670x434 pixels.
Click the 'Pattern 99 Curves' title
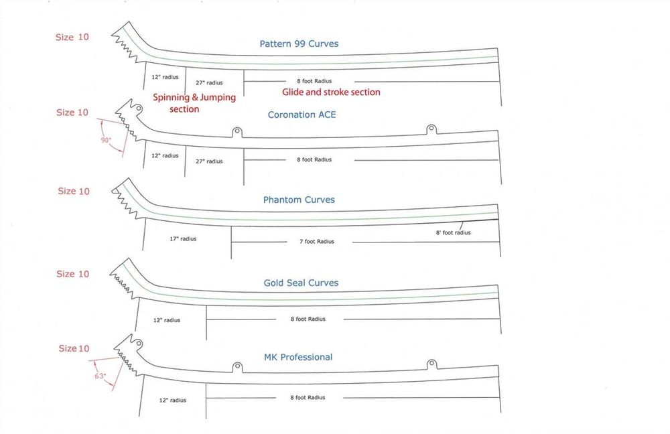(x=299, y=44)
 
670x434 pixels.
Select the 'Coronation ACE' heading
(x=301, y=115)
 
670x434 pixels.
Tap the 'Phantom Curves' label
(x=299, y=200)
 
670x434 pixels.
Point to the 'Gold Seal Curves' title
(x=301, y=283)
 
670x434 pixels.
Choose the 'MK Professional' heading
(x=298, y=357)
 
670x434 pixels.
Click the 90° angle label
(x=106, y=140)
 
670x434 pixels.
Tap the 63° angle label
(x=100, y=376)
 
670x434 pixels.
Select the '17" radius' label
(x=183, y=239)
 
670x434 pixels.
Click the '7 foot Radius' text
(x=317, y=241)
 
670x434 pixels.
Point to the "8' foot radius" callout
(x=453, y=233)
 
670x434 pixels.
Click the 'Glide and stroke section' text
(x=331, y=92)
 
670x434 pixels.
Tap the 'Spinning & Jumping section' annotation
(x=194, y=103)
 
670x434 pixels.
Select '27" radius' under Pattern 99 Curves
(x=209, y=83)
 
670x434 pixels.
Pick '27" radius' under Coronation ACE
(x=209, y=161)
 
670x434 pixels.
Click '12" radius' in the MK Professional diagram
(x=173, y=401)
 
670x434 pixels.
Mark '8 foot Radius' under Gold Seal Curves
(x=308, y=319)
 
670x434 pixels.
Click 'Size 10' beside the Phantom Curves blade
(x=74, y=191)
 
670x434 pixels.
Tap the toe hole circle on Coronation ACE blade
(x=139, y=108)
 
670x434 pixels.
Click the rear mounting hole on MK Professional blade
(x=431, y=364)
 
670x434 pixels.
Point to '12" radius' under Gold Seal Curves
(x=167, y=320)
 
